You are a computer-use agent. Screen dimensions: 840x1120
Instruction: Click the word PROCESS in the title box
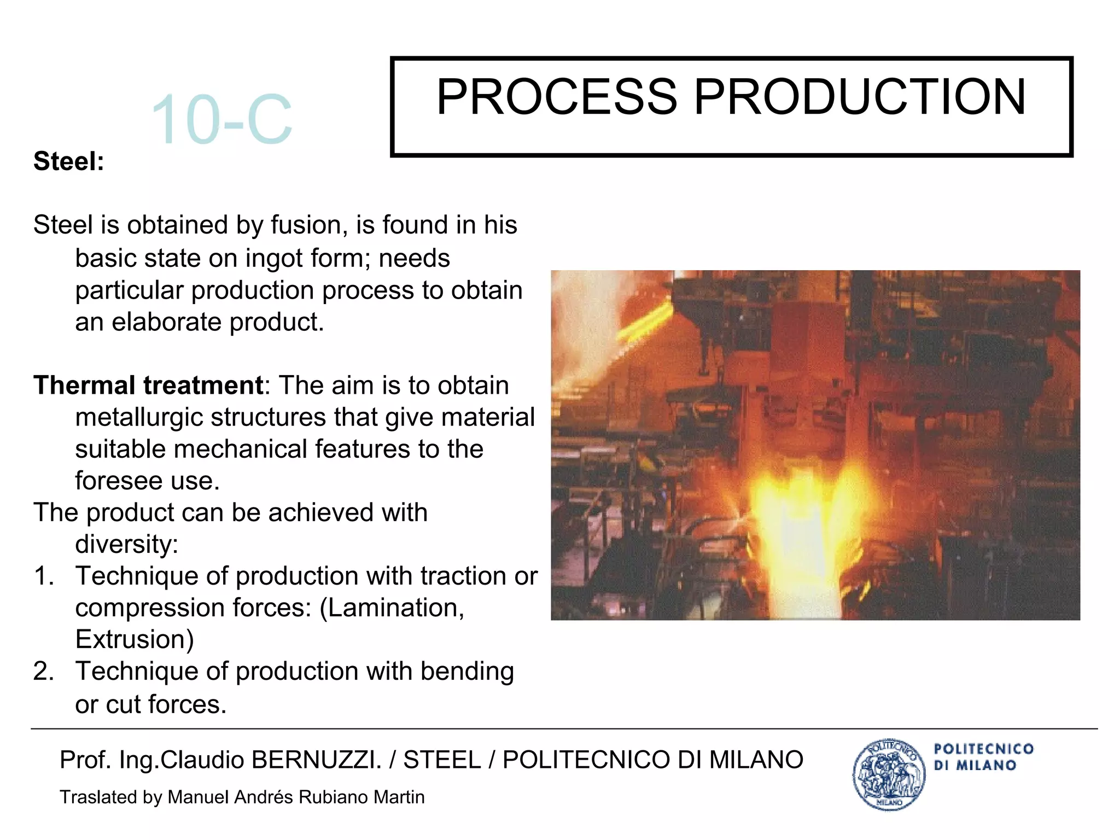pos(556,97)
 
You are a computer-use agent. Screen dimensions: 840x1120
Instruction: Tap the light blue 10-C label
pos(221,120)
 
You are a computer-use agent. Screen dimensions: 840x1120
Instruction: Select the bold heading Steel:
pos(69,161)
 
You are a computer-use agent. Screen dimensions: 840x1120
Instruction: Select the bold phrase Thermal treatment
pos(148,386)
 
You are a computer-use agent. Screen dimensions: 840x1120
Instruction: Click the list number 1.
pos(43,576)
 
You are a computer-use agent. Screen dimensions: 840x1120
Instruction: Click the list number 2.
pos(43,672)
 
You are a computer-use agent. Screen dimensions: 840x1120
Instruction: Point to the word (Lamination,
pos(392,608)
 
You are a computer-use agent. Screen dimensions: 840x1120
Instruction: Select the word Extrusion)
pos(135,640)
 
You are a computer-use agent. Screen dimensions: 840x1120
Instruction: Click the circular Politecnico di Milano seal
pos(889,774)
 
